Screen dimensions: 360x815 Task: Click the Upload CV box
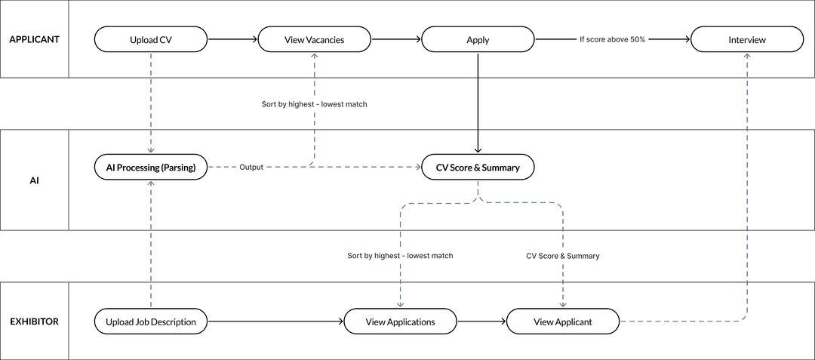pyautogui.click(x=151, y=40)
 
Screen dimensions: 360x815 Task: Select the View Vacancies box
pyautogui.click(x=315, y=40)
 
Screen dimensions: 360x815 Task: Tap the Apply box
pyautogui.click(x=478, y=40)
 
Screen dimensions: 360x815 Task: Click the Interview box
pyautogui.click(x=747, y=40)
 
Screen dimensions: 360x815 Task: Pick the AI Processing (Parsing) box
pyautogui.click(x=151, y=168)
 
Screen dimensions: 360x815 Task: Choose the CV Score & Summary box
pyautogui.click(x=478, y=168)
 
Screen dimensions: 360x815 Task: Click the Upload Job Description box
pyautogui.click(x=151, y=322)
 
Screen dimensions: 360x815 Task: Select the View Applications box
pyautogui.click(x=400, y=322)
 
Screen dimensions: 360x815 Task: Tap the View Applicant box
pyautogui.click(x=563, y=322)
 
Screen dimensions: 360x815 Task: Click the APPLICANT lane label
pyautogui.click(x=34, y=39)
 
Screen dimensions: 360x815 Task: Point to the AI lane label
pyautogui.click(x=34, y=180)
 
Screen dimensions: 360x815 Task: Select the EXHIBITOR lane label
pyautogui.click(x=34, y=321)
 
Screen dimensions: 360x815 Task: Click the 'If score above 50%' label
pyautogui.click(x=612, y=39)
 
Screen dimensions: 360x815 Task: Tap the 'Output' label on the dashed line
pyautogui.click(x=251, y=168)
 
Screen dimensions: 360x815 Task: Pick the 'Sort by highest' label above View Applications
pyautogui.click(x=400, y=256)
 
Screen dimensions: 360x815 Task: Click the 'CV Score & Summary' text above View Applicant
pyautogui.click(x=563, y=256)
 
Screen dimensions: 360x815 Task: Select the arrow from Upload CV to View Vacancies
pyautogui.click(x=232, y=39)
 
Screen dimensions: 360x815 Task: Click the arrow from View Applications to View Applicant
pyautogui.click(x=481, y=322)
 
